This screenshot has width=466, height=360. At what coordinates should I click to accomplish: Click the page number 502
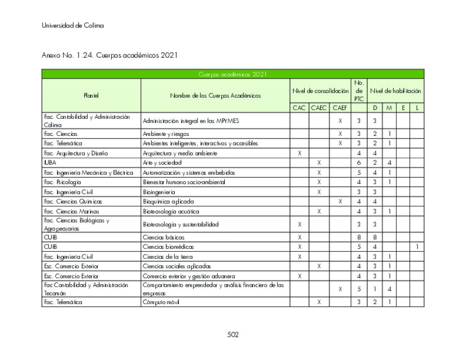(232, 335)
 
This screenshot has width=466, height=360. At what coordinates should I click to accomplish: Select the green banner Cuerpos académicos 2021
(232, 75)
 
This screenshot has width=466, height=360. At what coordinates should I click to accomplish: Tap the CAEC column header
(319, 108)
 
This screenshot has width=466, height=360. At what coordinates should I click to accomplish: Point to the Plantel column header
(91, 95)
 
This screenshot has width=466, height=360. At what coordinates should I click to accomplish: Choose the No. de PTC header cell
(359, 91)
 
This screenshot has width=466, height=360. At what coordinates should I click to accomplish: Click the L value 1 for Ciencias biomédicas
(417, 247)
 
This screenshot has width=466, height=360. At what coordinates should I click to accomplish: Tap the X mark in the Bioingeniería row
(319, 192)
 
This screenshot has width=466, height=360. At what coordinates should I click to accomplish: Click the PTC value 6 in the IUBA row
(359, 163)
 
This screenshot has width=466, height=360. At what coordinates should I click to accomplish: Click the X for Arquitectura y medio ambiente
(299, 153)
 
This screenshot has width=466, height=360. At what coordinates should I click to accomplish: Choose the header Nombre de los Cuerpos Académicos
(215, 95)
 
